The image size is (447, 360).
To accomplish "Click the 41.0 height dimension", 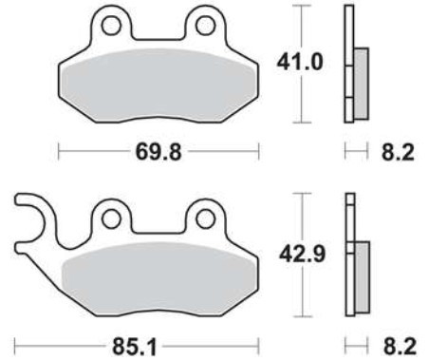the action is [300, 63].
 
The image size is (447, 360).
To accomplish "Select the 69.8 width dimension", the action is [158, 152].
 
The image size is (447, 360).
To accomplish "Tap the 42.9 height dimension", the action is [302, 254].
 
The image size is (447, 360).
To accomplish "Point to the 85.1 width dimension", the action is [135, 347].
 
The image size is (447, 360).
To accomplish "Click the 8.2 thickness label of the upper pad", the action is [398, 152].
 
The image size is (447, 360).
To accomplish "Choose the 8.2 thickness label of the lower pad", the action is [400, 347].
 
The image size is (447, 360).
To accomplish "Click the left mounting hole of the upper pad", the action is [112, 26].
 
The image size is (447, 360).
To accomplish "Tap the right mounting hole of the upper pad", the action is [206, 26].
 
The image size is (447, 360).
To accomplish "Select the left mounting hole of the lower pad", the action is [111, 218].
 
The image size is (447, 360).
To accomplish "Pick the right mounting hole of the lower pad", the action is [206, 218].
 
